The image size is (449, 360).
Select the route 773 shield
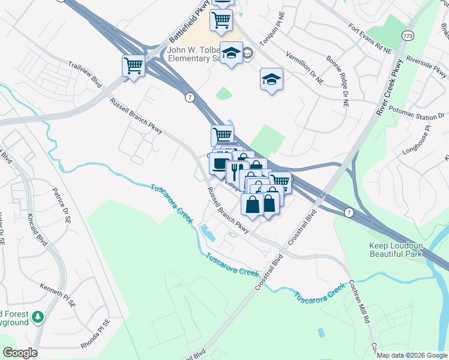pos(408,36)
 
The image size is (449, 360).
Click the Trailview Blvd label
pos(84,74)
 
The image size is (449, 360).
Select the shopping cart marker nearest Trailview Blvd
pos(133,65)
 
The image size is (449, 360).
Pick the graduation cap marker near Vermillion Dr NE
pos(271,79)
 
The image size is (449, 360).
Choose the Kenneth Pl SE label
pos(58,296)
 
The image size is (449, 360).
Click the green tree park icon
pos(37,317)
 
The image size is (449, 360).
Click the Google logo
pos(20,353)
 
